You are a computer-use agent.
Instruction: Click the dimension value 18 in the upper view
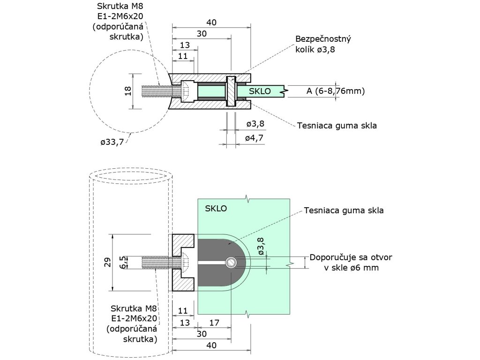pyautogui.click(x=128, y=91)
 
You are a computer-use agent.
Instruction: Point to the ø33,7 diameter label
pyautogui.click(x=112, y=142)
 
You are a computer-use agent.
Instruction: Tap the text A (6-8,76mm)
pyautogui.click(x=335, y=91)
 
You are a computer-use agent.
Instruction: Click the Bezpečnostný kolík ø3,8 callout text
pyautogui.click(x=323, y=44)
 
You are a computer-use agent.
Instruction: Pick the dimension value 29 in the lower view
pyautogui.click(x=107, y=262)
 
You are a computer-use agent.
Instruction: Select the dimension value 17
pyautogui.click(x=214, y=322)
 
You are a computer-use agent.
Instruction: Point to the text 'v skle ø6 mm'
pyautogui.click(x=351, y=268)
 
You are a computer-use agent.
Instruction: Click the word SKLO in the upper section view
pyautogui.click(x=260, y=91)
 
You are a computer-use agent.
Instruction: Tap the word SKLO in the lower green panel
pyautogui.click(x=216, y=209)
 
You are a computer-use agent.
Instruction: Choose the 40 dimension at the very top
pyautogui.click(x=211, y=22)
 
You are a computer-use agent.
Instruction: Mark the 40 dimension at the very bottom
pyautogui.click(x=211, y=345)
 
